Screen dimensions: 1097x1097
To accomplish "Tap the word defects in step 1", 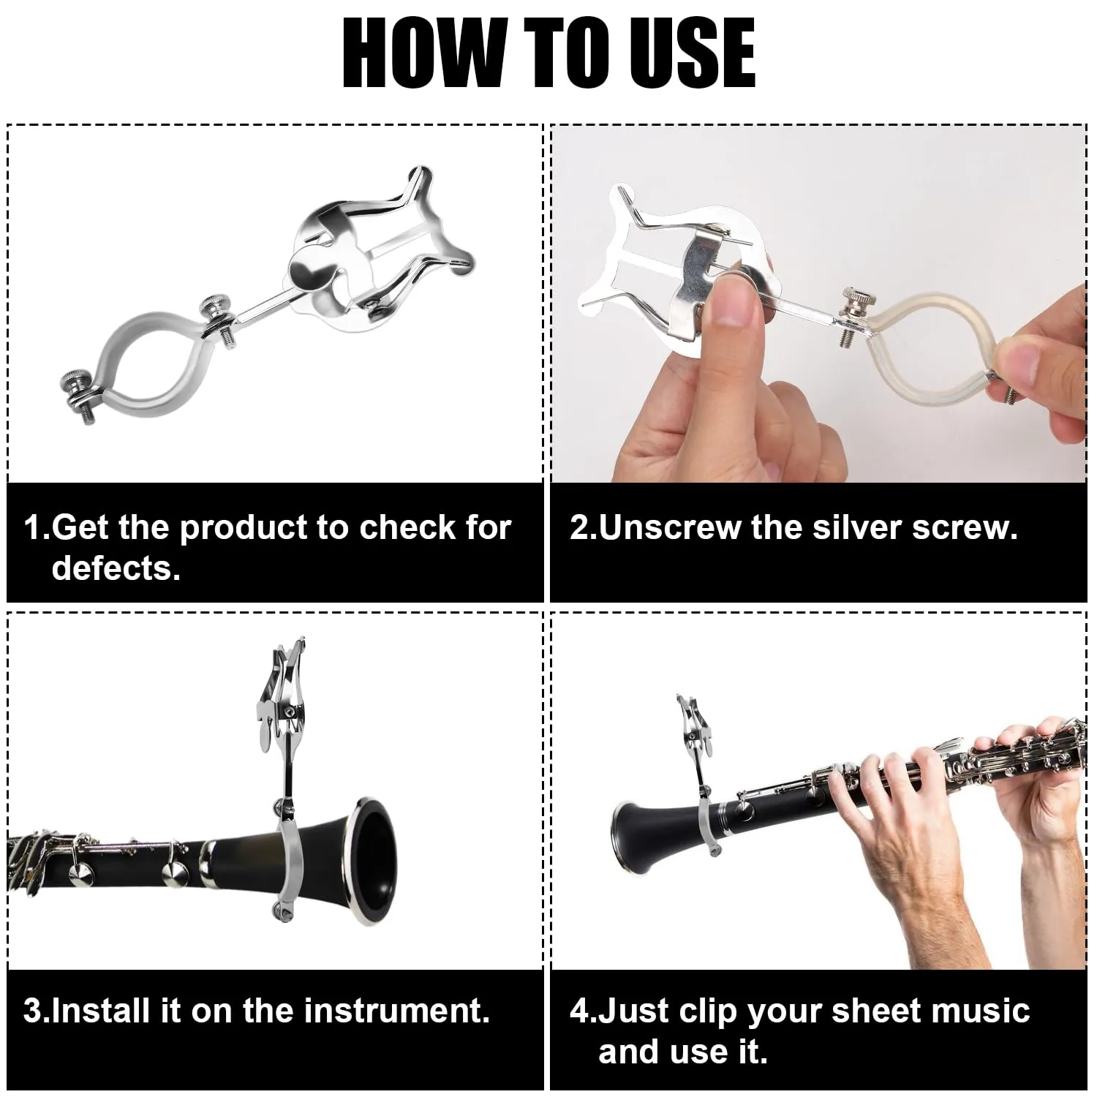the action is (116, 568).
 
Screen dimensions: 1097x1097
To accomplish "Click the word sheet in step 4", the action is (875, 1011).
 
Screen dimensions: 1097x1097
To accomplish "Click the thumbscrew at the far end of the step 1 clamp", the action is (74, 383).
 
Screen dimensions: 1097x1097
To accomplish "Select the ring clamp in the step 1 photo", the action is (146, 362).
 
